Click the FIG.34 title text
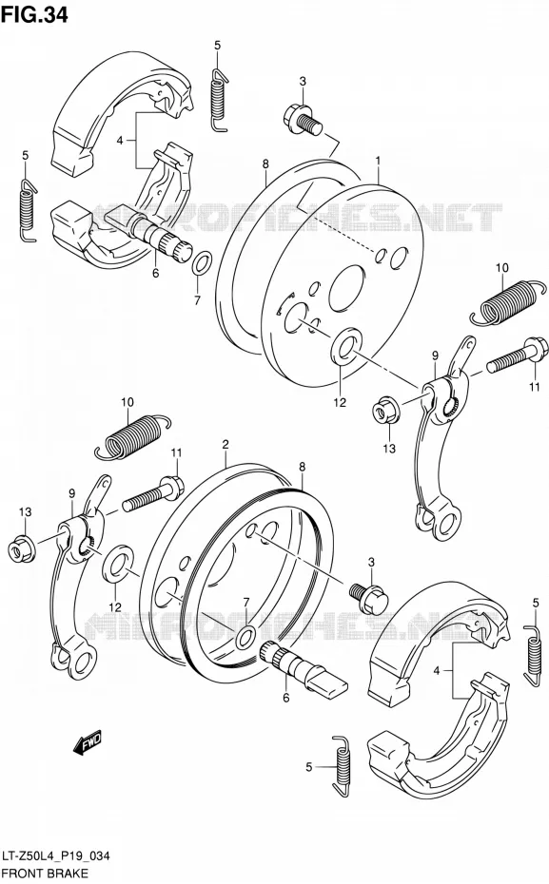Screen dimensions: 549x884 pyautogui.click(x=34, y=14)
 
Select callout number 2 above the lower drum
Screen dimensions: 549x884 pyautogui.click(x=225, y=444)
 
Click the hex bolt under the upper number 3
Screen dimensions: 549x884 pyautogui.click(x=302, y=120)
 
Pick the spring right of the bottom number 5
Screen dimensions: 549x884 pyautogui.click(x=342, y=767)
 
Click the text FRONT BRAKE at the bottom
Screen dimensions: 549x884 pyautogui.click(x=45, y=874)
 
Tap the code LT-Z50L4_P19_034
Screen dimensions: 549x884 pyautogui.click(x=56, y=856)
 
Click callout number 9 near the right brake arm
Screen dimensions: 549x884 pyautogui.click(x=435, y=356)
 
